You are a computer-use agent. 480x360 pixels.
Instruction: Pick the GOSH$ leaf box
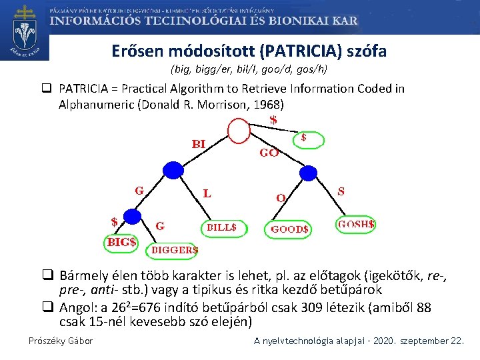pyautogui.click(x=355, y=225)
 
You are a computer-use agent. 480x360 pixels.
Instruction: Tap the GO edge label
pyautogui.click(x=269, y=153)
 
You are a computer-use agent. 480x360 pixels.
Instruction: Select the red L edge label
pyautogui.click(x=208, y=194)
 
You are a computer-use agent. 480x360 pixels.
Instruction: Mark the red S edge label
pyautogui.click(x=341, y=191)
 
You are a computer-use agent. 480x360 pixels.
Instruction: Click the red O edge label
pyautogui.click(x=281, y=197)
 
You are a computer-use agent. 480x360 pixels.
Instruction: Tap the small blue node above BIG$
pyautogui.click(x=133, y=217)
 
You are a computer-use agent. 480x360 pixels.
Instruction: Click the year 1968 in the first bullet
pyautogui.click(x=268, y=105)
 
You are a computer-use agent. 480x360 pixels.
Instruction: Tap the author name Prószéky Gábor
pyautogui.click(x=61, y=341)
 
